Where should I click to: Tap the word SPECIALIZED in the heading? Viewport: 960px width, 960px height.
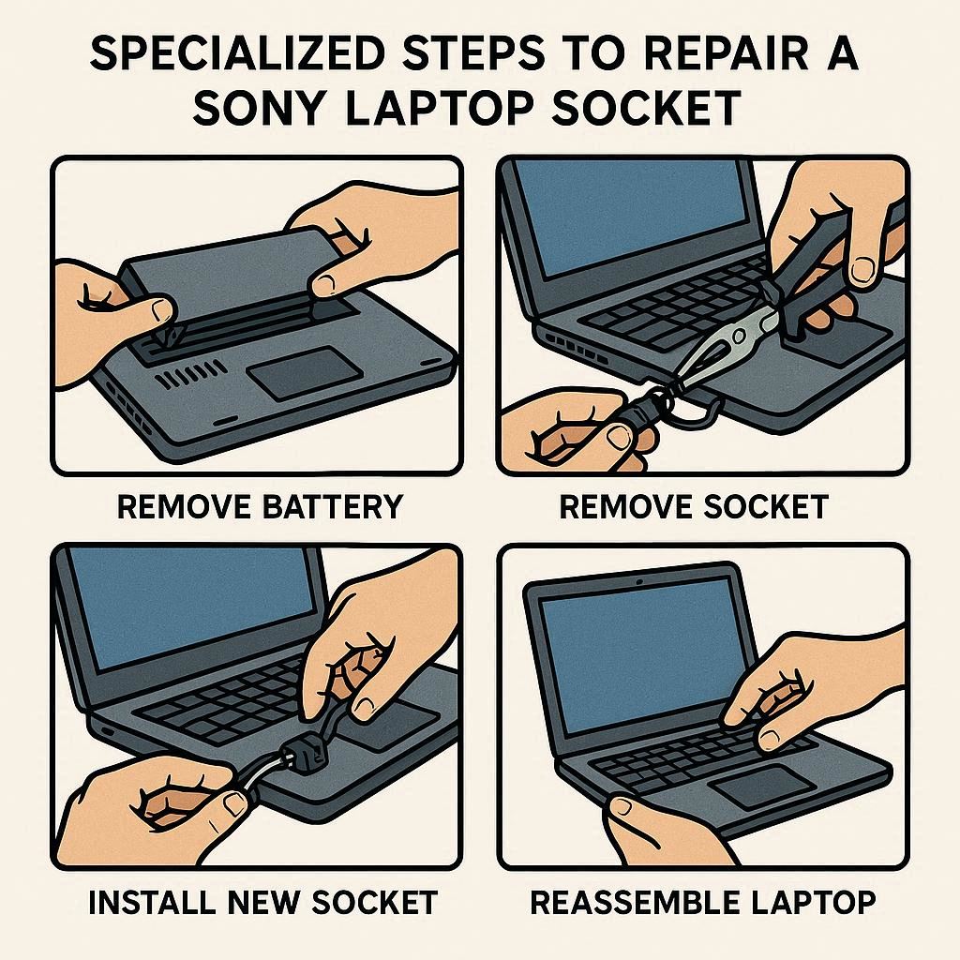(x=241, y=52)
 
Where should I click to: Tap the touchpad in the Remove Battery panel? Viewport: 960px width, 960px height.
(x=305, y=373)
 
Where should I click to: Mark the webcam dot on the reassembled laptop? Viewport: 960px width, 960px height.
(x=638, y=579)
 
